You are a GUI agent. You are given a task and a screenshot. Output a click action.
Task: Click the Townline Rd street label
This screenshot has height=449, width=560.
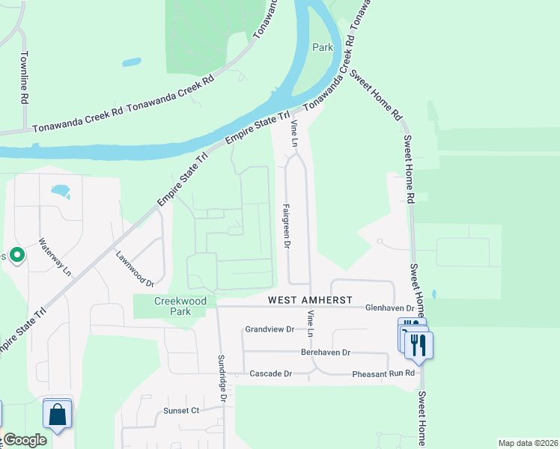click(24, 77)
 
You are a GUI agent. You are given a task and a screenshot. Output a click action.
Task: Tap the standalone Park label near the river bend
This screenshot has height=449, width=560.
click(322, 46)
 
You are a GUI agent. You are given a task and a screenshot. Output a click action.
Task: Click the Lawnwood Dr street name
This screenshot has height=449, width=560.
click(134, 269)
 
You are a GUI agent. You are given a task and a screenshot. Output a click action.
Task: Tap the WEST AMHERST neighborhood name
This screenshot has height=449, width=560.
click(310, 300)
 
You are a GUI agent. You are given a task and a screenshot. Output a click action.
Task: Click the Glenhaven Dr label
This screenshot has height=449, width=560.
click(389, 308)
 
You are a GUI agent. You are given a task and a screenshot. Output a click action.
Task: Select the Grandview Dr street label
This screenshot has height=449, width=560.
click(271, 329)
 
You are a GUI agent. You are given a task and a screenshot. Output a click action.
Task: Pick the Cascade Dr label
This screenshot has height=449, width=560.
click(270, 373)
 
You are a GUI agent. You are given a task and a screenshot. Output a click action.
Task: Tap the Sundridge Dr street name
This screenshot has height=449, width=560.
click(222, 377)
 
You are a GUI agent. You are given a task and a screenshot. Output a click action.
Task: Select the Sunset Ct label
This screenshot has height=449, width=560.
click(181, 410)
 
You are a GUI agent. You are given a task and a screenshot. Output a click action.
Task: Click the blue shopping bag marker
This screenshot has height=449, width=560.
click(58, 414)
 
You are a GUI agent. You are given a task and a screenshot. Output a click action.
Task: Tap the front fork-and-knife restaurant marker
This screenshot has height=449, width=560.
click(419, 345)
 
